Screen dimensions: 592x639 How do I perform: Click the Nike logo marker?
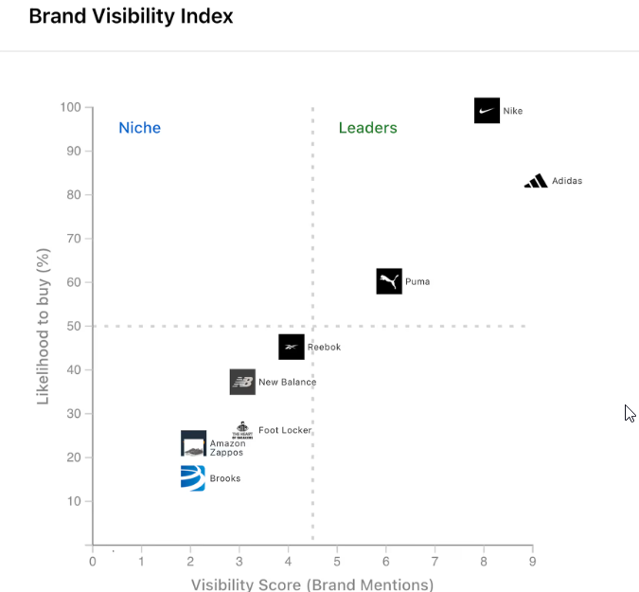coord(487,111)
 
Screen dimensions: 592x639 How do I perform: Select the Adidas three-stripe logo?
coord(536,181)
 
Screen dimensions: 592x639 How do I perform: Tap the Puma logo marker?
coord(389,281)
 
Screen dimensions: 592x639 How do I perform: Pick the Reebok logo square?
coord(292,347)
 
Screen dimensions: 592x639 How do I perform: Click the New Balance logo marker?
coord(242,382)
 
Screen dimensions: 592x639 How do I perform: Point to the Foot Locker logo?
coord(243,430)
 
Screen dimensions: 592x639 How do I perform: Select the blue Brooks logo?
coord(193,478)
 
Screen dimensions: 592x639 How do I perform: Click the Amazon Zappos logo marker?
coord(193,443)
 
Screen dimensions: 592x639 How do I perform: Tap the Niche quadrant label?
coord(139,128)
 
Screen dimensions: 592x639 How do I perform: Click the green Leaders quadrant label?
coord(368,128)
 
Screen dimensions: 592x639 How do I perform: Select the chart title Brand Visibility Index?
coord(131,16)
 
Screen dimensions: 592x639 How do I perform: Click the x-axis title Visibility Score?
coord(312,584)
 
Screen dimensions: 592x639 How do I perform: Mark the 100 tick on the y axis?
coord(70,107)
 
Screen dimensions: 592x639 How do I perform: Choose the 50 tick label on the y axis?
coord(74,326)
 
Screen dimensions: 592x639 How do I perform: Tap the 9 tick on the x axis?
coord(532,562)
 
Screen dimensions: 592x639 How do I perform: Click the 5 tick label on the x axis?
coord(337,562)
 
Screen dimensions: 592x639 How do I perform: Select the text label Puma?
coord(417,281)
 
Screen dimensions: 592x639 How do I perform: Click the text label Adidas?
coord(567,181)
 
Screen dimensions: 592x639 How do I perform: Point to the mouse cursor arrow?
coord(629,412)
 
